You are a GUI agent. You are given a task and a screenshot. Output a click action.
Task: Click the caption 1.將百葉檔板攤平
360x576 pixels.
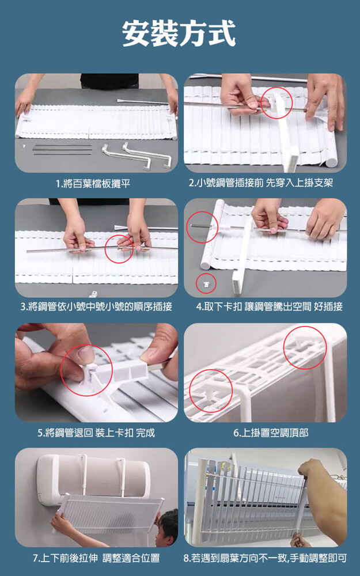(93, 183)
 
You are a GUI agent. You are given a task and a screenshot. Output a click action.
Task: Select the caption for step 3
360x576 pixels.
(96, 306)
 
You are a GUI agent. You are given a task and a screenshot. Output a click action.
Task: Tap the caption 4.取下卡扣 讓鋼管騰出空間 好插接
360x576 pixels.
(269, 306)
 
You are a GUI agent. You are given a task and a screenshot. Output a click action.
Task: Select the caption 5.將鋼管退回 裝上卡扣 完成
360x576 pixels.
(96, 433)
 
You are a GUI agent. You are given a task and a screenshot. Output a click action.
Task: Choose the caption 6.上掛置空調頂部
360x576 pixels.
(271, 433)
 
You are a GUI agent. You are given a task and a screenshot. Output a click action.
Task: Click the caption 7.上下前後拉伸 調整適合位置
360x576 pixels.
(96, 558)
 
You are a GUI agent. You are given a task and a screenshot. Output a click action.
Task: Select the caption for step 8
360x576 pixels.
(265, 558)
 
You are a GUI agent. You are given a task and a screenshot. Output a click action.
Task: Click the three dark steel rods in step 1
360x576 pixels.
(62, 150)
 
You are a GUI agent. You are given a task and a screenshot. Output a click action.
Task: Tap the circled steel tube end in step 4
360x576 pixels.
(201, 226)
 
